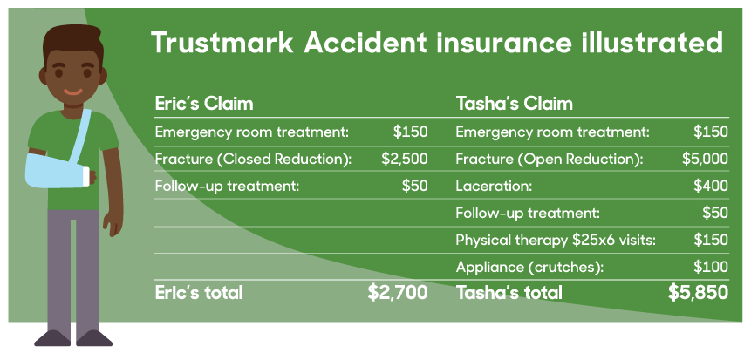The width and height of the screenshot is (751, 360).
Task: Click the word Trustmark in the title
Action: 222,43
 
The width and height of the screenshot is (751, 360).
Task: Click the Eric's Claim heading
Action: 204,104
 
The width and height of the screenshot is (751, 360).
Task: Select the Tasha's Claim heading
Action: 514,104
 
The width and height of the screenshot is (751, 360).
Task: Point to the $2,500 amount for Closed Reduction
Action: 405,160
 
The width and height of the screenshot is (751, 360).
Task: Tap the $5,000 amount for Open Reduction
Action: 705,160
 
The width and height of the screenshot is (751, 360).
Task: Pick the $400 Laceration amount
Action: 711,186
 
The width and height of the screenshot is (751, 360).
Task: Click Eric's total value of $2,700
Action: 398,293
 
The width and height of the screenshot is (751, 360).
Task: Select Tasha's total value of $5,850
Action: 699,293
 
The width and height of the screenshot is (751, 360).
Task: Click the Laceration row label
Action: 494,186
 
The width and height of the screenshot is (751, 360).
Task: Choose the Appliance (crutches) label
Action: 529,267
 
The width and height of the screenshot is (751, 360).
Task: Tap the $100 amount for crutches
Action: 711,267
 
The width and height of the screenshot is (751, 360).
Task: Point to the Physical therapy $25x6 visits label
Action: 556,240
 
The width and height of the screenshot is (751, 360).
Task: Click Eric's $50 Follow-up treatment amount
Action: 415,186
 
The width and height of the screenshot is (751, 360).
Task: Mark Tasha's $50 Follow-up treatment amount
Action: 715,213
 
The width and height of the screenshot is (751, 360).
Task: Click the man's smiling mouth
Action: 72,92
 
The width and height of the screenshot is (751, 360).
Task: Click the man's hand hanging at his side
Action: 113,221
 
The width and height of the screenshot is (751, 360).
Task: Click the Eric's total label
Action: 199,293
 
